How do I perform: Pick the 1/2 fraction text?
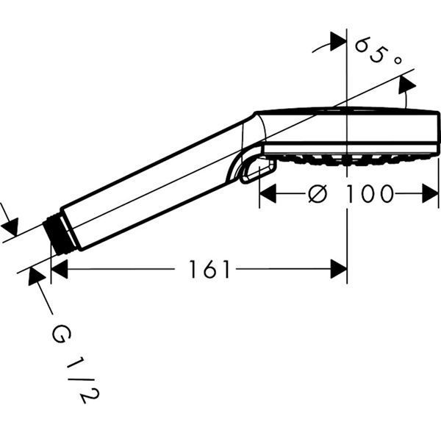[x=84, y=382]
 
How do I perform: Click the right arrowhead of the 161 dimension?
[x=339, y=270]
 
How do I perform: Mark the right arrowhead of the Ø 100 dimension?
[x=431, y=195]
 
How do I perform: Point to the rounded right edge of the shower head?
[x=437, y=132]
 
